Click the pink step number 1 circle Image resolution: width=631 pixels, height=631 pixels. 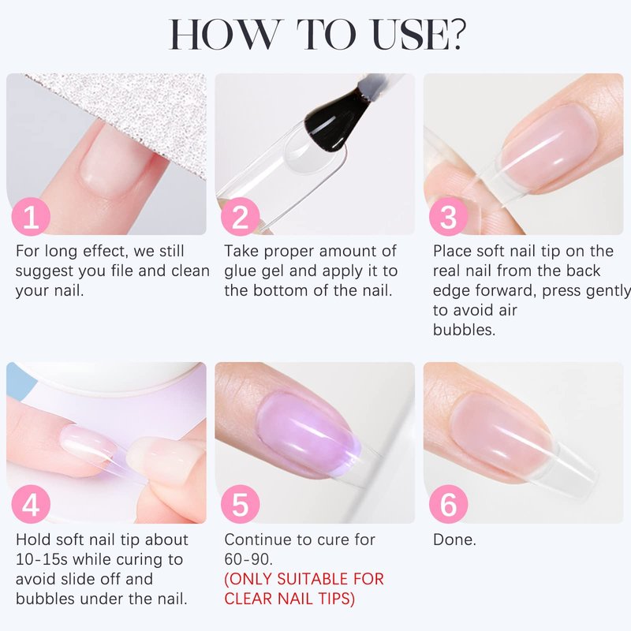point(31,216)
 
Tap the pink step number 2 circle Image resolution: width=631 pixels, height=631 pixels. point(241,216)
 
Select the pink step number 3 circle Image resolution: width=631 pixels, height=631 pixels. point(449,216)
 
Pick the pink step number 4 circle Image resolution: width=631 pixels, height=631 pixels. point(31,504)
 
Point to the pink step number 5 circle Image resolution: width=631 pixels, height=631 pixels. point(241,504)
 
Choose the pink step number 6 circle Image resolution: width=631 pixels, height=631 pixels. point(449,504)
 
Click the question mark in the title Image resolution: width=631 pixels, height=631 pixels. point(458,34)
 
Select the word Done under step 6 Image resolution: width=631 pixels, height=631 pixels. point(454,540)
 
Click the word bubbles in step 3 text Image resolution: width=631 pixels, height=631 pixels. point(464,330)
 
